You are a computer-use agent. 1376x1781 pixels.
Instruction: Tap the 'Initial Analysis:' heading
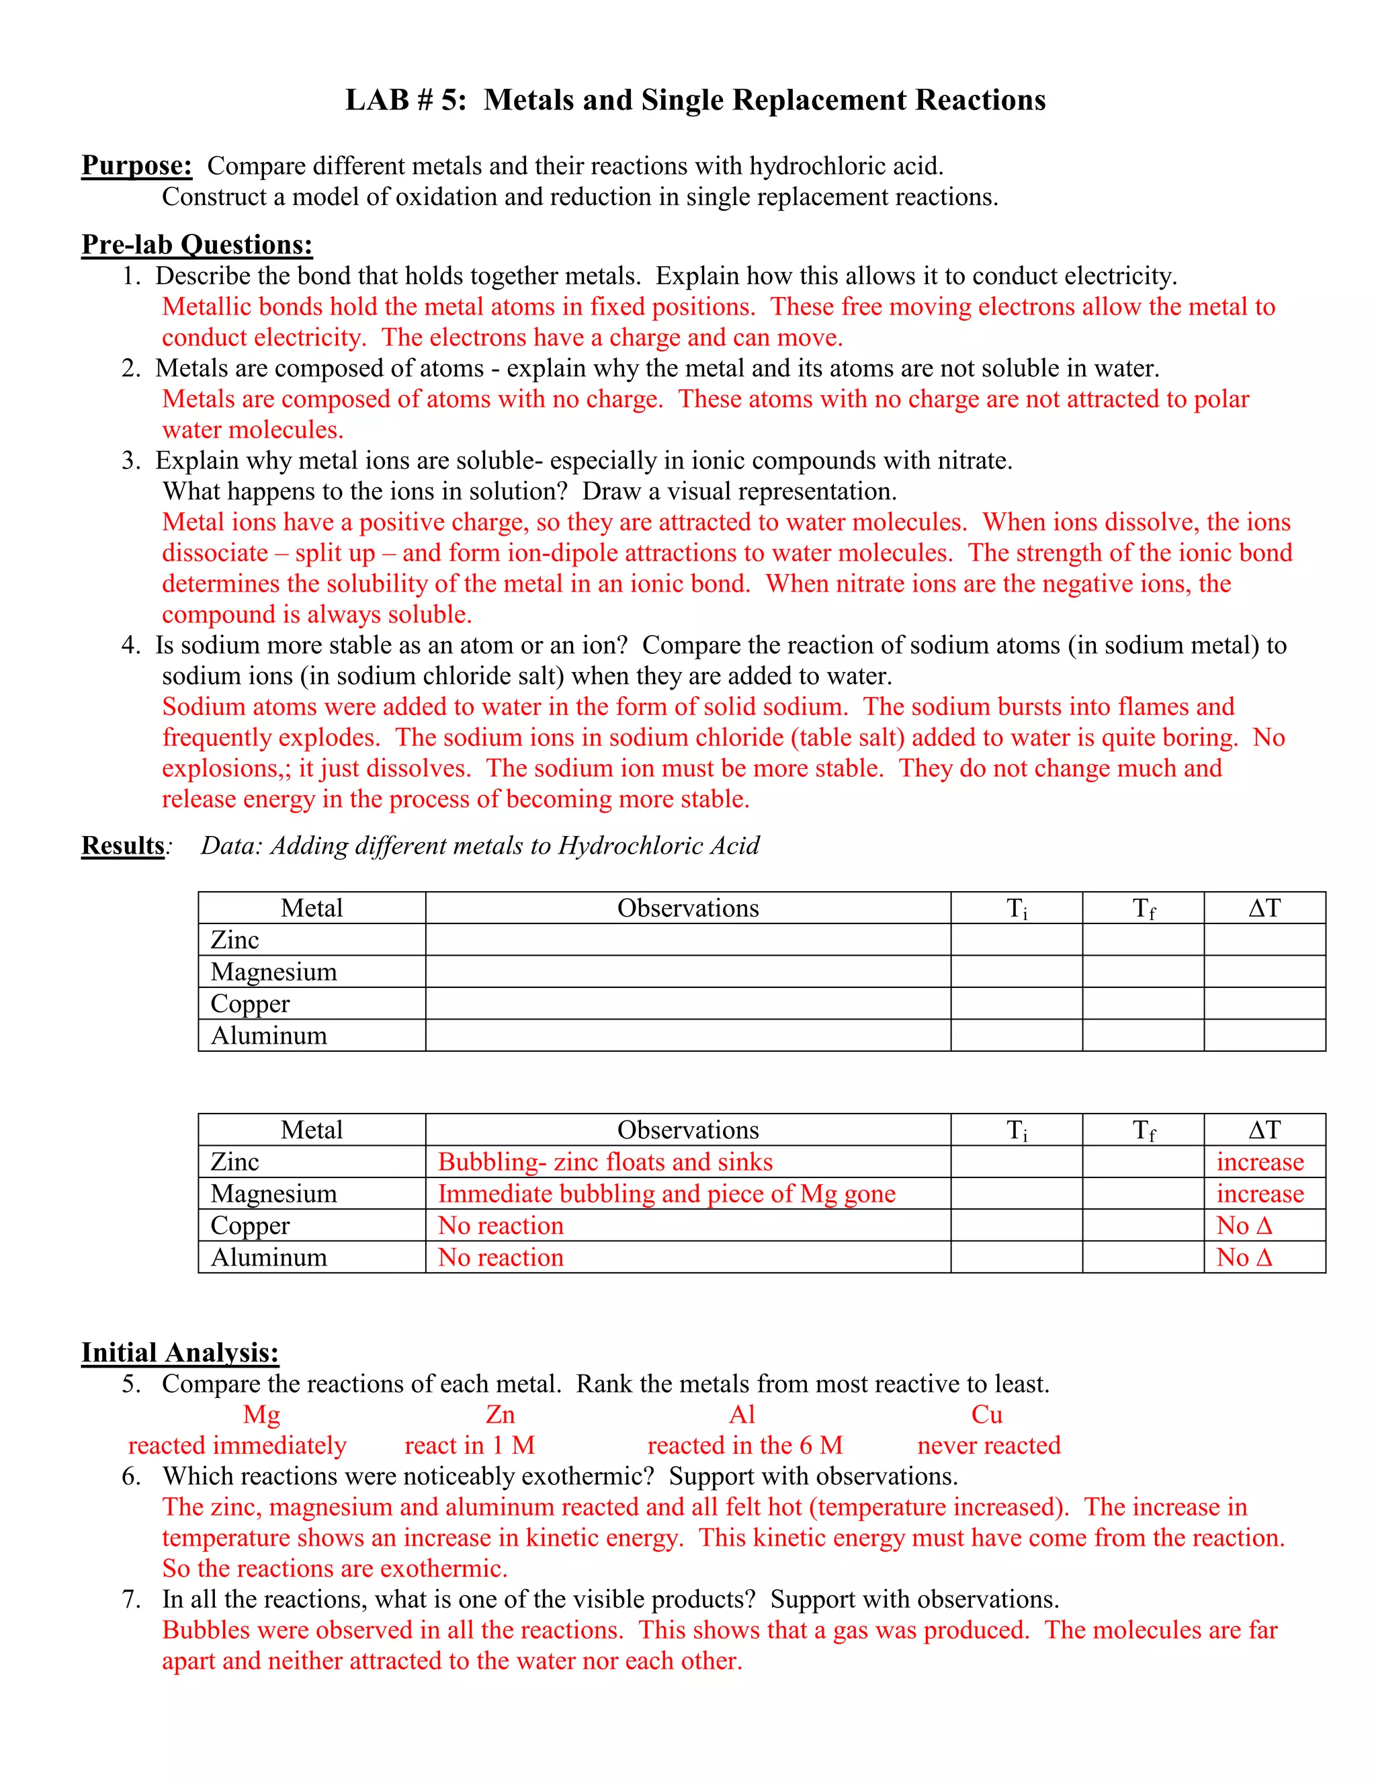(x=180, y=1352)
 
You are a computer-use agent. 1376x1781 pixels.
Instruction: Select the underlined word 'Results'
(x=123, y=845)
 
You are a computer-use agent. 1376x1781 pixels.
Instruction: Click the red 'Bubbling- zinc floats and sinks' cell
(x=605, y=1161)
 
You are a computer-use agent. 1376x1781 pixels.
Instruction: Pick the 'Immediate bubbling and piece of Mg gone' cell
(x=666, y=1193)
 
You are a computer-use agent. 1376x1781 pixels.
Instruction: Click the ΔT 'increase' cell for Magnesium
(x=1260, y=1193)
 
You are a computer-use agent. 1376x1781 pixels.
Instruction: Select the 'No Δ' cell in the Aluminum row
(x=1244, y=1257)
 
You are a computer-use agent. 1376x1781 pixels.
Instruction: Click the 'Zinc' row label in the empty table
(x=234, y=940)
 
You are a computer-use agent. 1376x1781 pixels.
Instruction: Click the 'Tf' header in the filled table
(x=1143, y=1130)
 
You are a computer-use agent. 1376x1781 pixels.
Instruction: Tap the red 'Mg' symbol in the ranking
(x=261, y=1414)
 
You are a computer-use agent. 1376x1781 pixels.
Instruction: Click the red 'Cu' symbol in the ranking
(x=986, y=1414)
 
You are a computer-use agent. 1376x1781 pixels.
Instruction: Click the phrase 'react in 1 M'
(x=470, y=1445)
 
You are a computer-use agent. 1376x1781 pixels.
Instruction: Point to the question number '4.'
(x=131, y=645)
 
